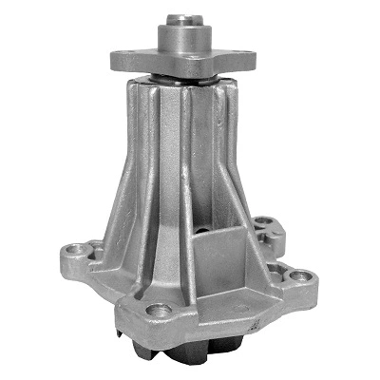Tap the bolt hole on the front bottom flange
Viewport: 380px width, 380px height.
tap(161, 313)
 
